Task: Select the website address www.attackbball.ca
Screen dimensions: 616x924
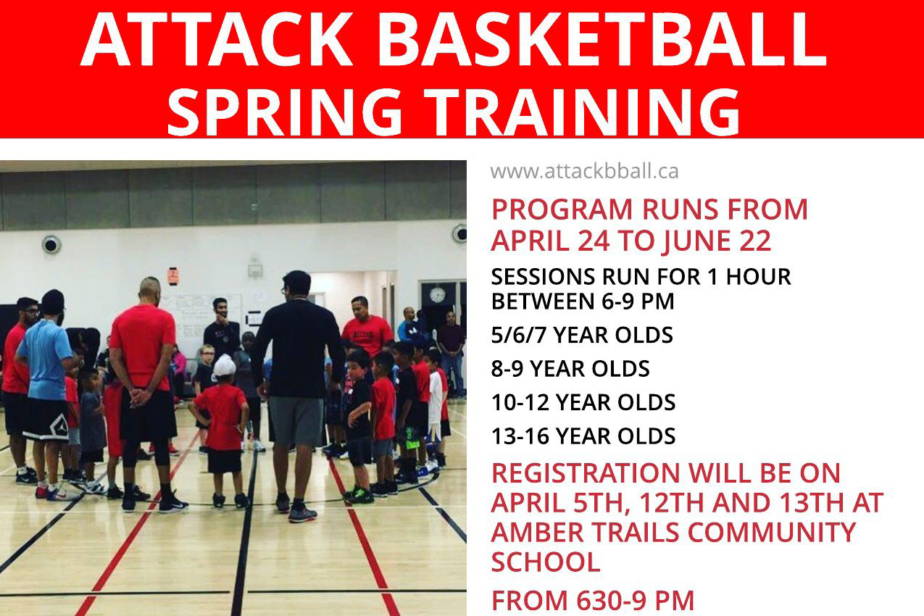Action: (584, 172)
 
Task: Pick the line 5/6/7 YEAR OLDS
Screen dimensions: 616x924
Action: (582, 336)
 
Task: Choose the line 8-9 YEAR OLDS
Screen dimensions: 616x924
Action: (570, 369)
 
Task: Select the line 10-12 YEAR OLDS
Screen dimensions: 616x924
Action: (583, 402)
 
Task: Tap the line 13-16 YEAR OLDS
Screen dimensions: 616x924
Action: (583, 436)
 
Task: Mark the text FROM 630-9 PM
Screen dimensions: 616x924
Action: (593, 601)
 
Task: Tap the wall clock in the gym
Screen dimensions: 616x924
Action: (437, 295)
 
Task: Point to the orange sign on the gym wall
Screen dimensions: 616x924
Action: (172, 276)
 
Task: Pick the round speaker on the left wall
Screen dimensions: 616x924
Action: (51, 244)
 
